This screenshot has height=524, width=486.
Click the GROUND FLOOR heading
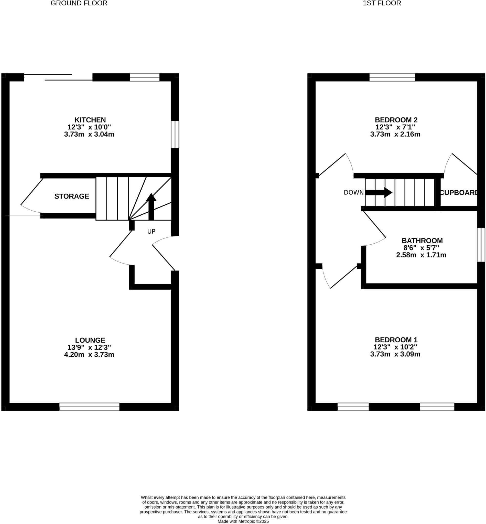(79, 3)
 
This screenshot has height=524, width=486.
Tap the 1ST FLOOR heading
(382, 3)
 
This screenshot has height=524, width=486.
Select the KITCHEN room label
(90, 120)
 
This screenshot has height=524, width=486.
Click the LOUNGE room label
(90, 340)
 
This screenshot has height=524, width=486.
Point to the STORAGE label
(72, 196)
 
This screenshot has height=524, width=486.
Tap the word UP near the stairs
(151, 231)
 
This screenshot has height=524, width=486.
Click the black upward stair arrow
(151, 206)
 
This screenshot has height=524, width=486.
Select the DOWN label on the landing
(353, 192)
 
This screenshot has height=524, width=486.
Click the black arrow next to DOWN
(379, 192)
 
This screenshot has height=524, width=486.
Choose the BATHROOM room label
(422, 241)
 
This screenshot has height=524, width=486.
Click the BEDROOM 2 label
(396, 120)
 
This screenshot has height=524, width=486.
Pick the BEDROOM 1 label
(396, 340)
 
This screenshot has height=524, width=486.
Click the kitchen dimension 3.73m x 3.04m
(89, 134)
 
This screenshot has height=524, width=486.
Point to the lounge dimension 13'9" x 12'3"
(89, 347)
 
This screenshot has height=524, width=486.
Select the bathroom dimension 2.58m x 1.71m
(421, 255)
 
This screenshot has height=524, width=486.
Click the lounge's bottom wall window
(89, 407)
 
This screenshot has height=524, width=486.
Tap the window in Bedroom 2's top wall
(392, 77)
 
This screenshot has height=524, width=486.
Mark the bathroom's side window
(481, 245)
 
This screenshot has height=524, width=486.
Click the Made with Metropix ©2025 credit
(243, 521)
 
